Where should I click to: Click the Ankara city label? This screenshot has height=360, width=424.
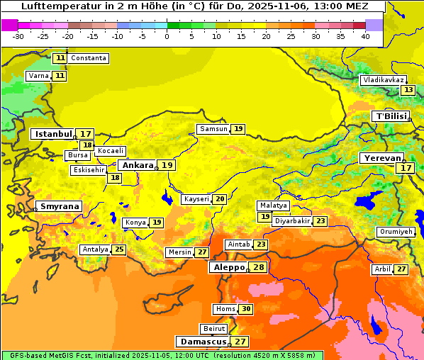pos(136,165)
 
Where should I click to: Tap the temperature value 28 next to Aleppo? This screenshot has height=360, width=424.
pos(258,267)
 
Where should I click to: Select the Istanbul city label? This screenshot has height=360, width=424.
pos(53,133)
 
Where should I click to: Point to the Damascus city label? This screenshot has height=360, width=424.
pos(203,342)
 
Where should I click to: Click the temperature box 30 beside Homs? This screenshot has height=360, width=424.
pos(245,309)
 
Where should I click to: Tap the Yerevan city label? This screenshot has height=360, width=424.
pos(381,158)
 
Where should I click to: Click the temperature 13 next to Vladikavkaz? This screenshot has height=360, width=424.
pos(408,90)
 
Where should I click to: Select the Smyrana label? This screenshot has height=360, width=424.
pos(59,206)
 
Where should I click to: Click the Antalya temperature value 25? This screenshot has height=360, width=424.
pos(119,249)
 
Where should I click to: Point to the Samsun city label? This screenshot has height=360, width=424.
pos(213,129)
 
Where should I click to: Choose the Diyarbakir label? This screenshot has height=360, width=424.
pos(292,221)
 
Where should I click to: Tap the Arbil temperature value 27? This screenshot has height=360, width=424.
pos(401,269)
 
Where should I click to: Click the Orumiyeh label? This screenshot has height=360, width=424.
pos(395,232)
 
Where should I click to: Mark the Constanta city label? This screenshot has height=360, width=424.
pos(89,57)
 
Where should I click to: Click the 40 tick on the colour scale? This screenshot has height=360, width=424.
pos(365,36)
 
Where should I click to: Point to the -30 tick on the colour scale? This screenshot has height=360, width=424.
pos(18,36)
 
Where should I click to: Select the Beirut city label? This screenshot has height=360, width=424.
pos(214,329)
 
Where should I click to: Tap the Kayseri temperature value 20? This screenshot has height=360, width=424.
pos(220,199)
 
